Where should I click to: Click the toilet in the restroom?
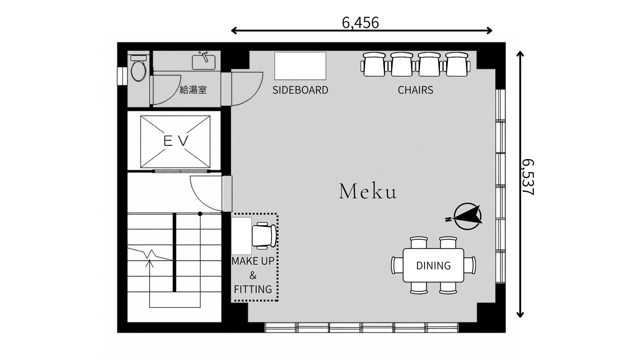tap(138, 68)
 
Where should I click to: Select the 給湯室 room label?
tap(193, 90)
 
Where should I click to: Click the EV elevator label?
tap(176, 141)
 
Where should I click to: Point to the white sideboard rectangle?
tap(300, 66)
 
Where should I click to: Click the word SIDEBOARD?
tap(300, 90)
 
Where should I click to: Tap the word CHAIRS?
tap(415, 90)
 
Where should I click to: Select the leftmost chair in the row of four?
tap(374, 64)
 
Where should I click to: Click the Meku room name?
tap(368, 191)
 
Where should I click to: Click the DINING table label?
tap(433, 266)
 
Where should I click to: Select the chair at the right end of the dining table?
tap(470, 265)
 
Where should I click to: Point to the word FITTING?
tap(253, 289)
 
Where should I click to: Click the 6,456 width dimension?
tap(360, 23)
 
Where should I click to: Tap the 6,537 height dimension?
tap(528, 177)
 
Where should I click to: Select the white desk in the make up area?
tap(241, 236)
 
